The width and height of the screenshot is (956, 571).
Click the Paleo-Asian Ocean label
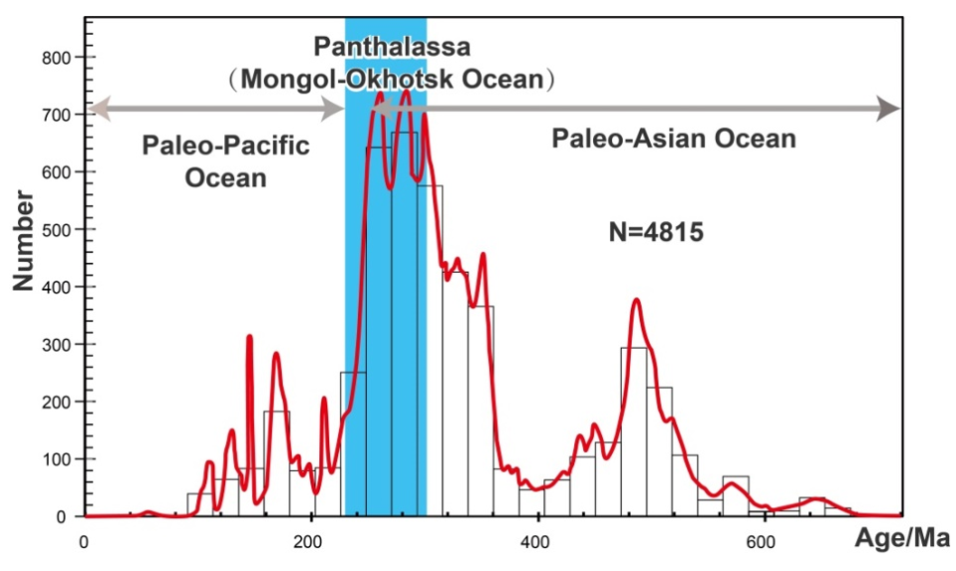pyautogui.click(x=674, y=139)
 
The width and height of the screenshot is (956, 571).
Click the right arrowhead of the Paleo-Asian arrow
pyautogui.click(x=889, y=109)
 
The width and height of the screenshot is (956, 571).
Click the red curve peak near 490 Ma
pyautogui.click(x=636, y=300)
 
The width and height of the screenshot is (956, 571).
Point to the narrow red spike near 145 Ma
pyautogui.click(x=248, y=338)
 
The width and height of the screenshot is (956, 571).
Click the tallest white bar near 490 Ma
pyautogui.click(x=634, y=428)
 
